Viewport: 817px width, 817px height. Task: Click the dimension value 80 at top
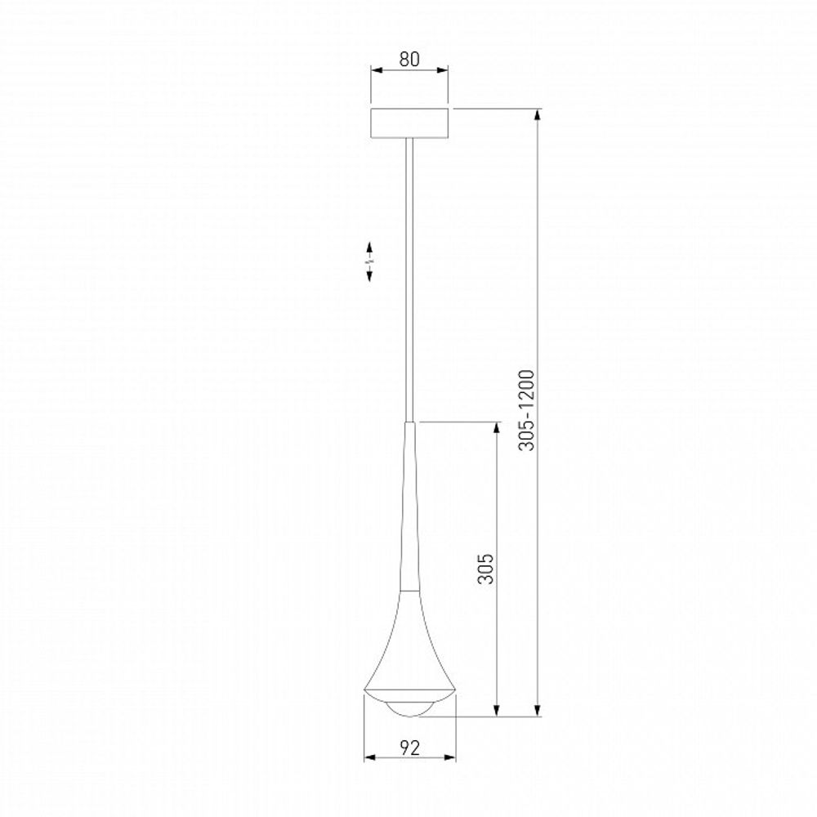point(409,59)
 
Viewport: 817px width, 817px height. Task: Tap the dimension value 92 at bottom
point(409,746)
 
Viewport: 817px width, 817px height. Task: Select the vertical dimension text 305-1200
point(528,410)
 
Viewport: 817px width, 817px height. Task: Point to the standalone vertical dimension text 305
point(486,565)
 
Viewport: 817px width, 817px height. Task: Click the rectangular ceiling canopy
point(409,123)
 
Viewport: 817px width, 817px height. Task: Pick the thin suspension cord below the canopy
point(409,278)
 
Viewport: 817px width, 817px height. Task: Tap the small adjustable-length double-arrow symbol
point(369,261)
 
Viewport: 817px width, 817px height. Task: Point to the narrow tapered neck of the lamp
point(409,507)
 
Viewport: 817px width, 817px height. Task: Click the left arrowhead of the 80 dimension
point(375,71)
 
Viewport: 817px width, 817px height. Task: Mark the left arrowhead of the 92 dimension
point(368,757)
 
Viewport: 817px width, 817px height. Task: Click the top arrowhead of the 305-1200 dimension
point(537,114)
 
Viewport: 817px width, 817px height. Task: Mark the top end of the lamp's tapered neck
point(409,424)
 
